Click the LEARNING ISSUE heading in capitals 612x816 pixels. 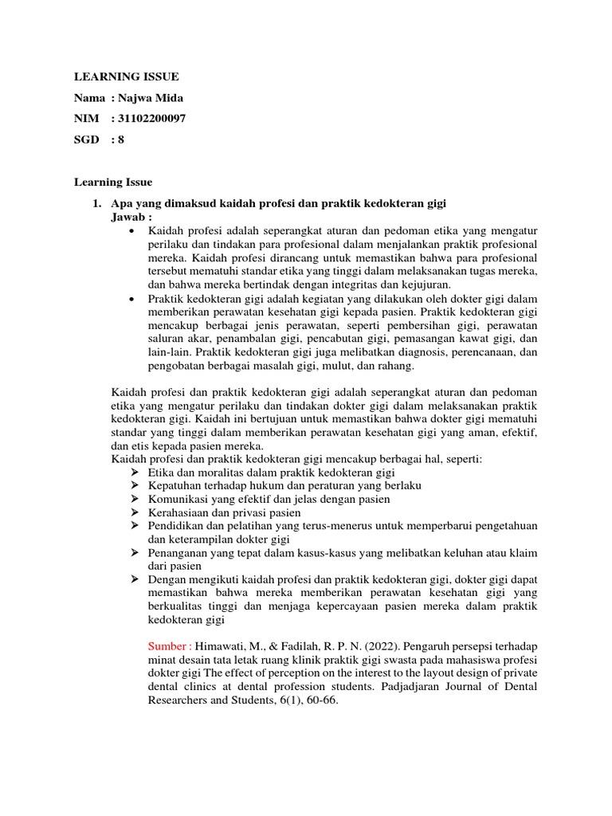coord(127,76)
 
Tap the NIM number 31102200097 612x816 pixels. coord(155,119)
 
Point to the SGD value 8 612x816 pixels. coord(121,139)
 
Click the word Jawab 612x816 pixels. coord(128,217)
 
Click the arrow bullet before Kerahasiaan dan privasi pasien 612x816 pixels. coord(134,512)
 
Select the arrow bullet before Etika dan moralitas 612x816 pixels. coord(134,472)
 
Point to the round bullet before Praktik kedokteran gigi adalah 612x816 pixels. coord(131,298)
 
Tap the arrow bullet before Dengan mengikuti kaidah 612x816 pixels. coord(134,579)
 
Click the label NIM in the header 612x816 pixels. coord(86,119)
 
